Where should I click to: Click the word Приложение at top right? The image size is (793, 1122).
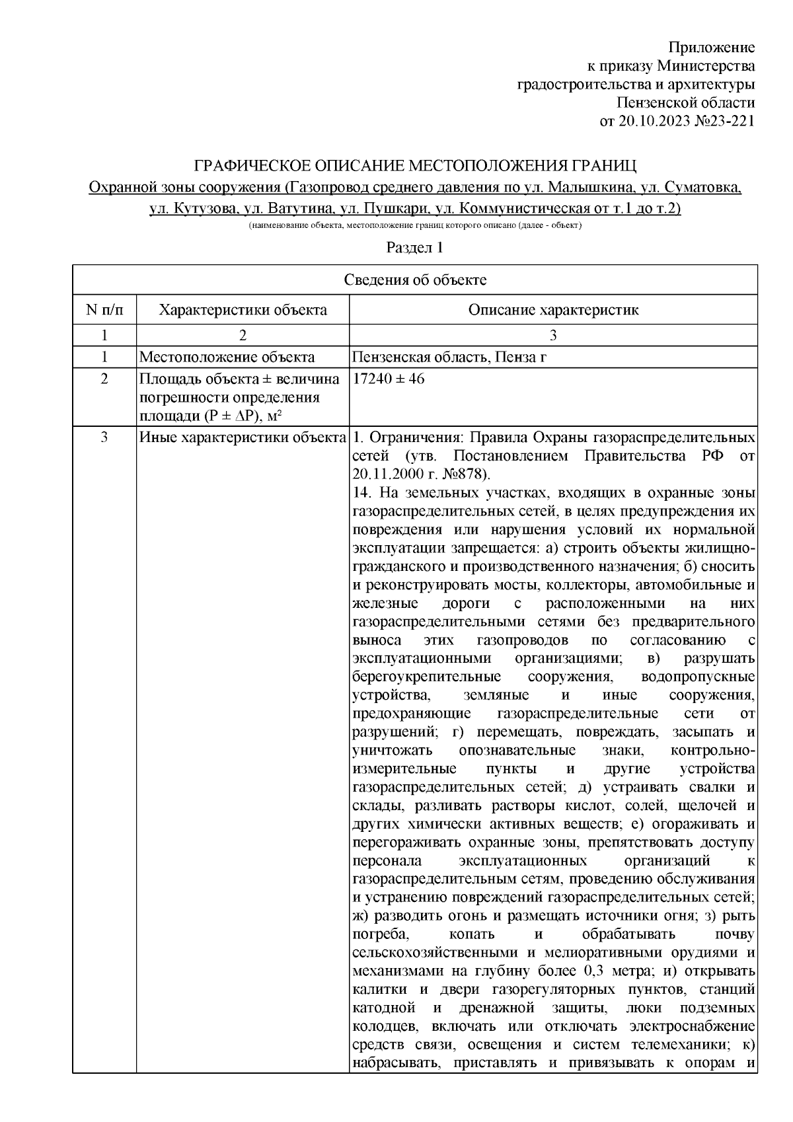(712, 48)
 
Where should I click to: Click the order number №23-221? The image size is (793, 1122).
(724, 122)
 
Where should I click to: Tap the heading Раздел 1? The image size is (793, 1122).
(414, 248)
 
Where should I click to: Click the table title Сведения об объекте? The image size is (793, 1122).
(415, 280)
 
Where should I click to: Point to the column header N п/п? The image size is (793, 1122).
(104, 310)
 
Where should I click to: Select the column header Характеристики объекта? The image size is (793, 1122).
(243, 310)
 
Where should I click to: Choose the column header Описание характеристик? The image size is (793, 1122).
(553, 310)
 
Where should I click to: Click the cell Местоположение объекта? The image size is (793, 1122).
(226, 357)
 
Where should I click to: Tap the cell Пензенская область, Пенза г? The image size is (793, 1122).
(451, 357)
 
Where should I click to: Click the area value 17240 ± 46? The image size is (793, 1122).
(389, 379)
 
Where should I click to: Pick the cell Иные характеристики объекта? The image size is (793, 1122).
(243, 437)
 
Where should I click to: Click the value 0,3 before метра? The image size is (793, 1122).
(594, 971)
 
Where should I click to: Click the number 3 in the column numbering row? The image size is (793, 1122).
(553, 335)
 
